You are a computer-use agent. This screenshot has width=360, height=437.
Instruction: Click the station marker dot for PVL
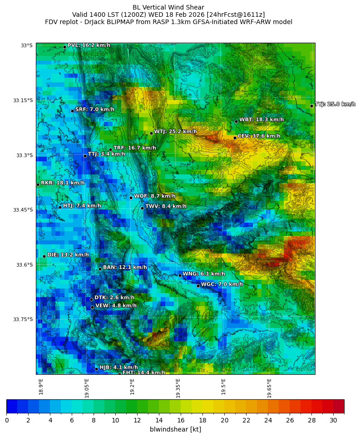click(64, 47)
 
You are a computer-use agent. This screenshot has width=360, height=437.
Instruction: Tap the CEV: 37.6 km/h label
click(259, 136)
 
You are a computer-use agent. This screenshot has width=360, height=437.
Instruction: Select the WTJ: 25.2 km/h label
click(175, 132)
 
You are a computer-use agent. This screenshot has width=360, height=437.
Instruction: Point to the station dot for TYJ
click(311, 106)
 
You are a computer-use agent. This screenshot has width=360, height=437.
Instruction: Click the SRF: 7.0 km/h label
click(94, 109)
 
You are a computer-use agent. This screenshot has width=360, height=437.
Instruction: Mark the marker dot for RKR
click(38, 184)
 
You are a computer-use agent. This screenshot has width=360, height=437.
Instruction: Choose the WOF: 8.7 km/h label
click(154, 196)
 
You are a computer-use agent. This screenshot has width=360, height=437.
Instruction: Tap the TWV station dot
click(142, 208)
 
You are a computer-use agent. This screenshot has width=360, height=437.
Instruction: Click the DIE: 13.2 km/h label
click(68, 255)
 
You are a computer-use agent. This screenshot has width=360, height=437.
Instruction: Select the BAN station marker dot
click(100, 269)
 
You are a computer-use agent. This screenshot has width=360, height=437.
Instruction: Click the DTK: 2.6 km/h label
click(114, 298)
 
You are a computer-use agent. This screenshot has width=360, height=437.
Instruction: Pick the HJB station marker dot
click(96, 369)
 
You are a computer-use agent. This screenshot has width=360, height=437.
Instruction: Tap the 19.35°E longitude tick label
click(178, 388)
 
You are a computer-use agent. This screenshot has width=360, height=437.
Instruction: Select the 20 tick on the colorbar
click(224, 420)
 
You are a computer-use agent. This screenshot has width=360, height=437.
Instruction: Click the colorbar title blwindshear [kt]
click(175, 429)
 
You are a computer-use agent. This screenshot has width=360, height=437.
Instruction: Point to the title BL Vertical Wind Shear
click(168, 7)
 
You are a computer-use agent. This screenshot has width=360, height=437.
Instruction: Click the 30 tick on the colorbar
click(333, 420)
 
